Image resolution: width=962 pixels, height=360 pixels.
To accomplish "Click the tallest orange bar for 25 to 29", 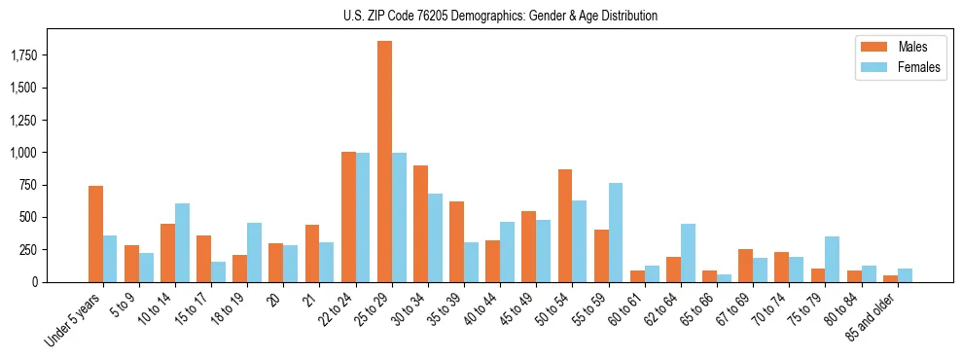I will coord(384,162).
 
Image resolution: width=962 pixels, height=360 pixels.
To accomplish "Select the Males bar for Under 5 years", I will coord(95,234).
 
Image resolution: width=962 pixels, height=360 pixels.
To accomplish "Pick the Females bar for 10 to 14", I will coord(182,242).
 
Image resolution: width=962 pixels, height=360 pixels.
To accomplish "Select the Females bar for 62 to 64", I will coord(688,253).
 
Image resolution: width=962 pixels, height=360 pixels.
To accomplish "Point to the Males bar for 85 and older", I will coord(890,278).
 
